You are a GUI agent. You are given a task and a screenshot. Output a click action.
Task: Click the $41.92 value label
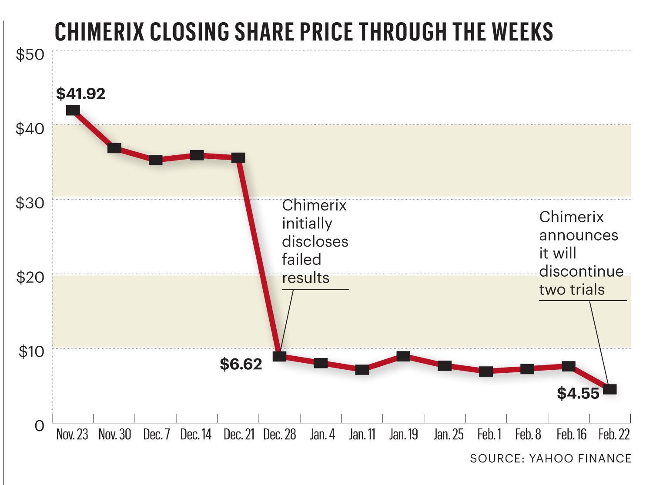pos(81,94)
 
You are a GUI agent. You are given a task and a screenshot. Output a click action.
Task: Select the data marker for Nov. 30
pos(114,148)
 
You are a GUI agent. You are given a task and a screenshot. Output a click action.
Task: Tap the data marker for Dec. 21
pos(238,157)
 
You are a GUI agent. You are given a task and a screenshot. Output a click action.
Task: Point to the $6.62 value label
pos(241,364)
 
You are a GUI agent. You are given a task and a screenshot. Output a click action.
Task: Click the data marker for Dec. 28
pos(279,356)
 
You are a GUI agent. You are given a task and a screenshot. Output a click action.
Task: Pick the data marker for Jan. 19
pos(403,356)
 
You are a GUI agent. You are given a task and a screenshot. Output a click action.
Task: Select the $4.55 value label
pos(578,393)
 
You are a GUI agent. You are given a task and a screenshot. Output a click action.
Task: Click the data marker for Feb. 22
pos(610,389)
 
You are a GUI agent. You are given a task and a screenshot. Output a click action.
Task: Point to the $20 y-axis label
pos(30,277)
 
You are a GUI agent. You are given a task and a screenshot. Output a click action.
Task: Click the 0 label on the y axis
pos(39,425)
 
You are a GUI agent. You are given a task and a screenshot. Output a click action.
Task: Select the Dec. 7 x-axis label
pos(156,435)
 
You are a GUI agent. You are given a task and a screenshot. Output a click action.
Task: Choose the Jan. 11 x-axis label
pos(362,435)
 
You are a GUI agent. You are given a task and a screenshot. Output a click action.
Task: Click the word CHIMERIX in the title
pos(105,32)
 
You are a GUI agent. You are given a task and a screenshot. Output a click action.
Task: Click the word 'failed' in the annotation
pos(301,260)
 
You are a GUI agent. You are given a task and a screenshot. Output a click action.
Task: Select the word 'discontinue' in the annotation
pos(581,271)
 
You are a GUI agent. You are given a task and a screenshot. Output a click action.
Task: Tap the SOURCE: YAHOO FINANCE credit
pos(550,458)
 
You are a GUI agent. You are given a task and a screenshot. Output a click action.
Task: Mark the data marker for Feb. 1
pos(486,371)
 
